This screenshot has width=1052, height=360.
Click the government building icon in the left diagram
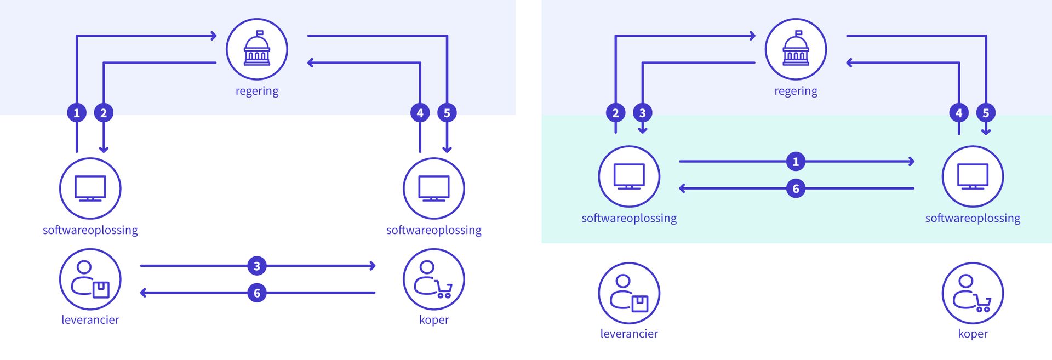pyautogui.click(x=256, y=49)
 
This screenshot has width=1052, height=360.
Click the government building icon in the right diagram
pyautogui.click(x=796, y=49)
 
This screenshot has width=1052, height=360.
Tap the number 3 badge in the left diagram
pyautogui.click(x=257, y=266)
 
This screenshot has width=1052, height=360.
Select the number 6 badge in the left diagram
pyautogui.click(x=257, y=293)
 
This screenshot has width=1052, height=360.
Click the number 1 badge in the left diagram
pyautogui.click(x=77, y=113)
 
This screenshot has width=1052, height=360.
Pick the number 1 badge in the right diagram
pyautogui.click(x=796, y=162)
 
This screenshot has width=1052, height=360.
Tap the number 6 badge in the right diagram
pyautogui.click(x=796, y=189)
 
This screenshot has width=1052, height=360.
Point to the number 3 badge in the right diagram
pyautogui.click(x=643, y=113)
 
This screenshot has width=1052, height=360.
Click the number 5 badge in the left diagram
pyautogui.click(x=447, y=113)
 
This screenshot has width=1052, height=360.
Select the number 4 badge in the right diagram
pyautogui.click(x=959, y=113)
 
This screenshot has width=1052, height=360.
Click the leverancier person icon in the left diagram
pyautogui.click(x=90, y=279)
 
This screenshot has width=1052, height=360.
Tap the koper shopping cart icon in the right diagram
pyautogui.click(x=973, y=293)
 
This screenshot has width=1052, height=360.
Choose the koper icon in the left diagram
pyautogui.click(x=433, y=279)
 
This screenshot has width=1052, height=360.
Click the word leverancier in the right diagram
pyautogui.click(x=629, y=334)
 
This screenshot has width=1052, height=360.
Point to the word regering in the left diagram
pyautogui.click(x=257, y=91)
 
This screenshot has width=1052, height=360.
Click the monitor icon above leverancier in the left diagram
pyautogui.click(x=90, y=188)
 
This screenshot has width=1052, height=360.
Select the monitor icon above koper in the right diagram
pyautogui.click(x=973, y=176)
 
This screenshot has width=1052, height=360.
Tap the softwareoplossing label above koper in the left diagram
pyautogui.click(x=433, y=230)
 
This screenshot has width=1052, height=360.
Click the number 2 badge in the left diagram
pyautogui.click(x=104, y=113)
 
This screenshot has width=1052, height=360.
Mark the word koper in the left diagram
pyautogui.click(x=433, y=320)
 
